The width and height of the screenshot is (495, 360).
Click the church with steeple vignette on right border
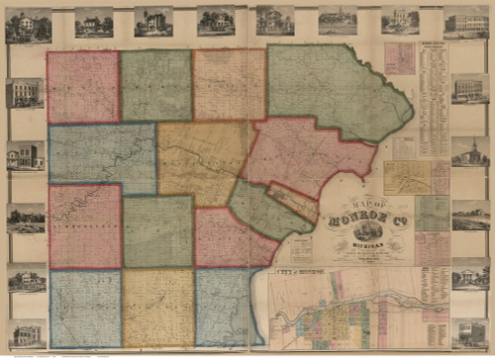click(x=469, y=151)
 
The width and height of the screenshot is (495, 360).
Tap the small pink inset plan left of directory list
click(x=400, y=58)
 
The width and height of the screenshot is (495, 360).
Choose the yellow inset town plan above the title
click(x=407, y=178)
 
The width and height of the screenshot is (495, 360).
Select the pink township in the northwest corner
click(x=83, y=87)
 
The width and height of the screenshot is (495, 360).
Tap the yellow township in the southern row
click(x=157, y=308)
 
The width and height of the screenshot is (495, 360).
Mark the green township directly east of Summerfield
click(x=157, y=231)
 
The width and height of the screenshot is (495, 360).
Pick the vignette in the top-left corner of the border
click(x=28, y=25)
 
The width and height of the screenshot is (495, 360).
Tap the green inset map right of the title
click(x=432, y=213)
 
